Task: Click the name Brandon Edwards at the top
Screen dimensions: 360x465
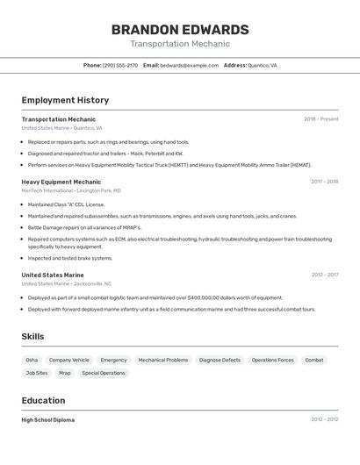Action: [x=180, y=29]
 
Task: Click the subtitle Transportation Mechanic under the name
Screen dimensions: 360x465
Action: [x=180, y=44]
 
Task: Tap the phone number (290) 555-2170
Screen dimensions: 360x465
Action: [x=120, y=65]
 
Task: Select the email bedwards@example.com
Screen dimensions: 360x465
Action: [x=189, y=65]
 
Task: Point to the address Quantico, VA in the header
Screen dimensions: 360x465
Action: [x=262, y=65]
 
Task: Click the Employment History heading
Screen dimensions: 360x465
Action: [x=65, y=100]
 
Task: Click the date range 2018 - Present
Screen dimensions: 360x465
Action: [x=320, y=119]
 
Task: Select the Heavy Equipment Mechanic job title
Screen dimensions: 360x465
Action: [x=61, y=182]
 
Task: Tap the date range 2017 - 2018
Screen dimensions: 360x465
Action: [x=324, y=182]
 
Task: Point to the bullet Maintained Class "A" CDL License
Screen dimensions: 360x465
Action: [x=66, y=204]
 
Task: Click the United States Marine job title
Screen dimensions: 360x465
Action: [x=53, y=275]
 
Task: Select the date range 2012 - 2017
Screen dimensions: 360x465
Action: [x=324, y=275]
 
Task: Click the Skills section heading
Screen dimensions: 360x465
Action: [x=32, y=336]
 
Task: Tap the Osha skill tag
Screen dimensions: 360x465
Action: [x=32, y=360]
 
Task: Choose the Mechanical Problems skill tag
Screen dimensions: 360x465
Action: [x=163, y=360]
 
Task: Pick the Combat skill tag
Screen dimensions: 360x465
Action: [x=314, y=360]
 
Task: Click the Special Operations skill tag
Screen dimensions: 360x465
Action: [x=104, y=373]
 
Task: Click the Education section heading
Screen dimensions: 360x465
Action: [x=43, y=400]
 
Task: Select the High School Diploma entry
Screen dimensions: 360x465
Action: [x=48, y=420]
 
